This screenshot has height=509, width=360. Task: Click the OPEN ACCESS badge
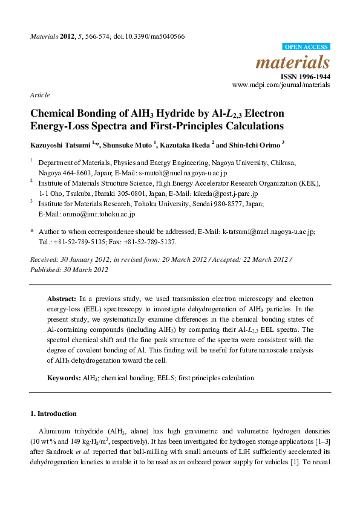306,47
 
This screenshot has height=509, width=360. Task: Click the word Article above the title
39,96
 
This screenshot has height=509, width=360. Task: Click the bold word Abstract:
62,299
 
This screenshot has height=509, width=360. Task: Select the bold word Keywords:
64,378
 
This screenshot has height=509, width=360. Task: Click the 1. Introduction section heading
53,414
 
